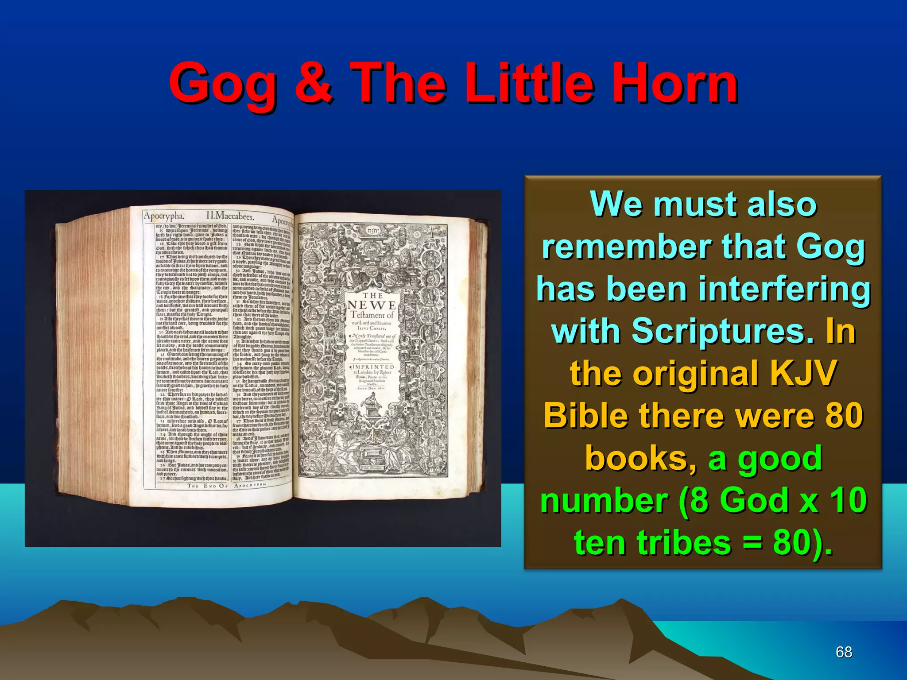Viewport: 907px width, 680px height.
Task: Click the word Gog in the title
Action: click(223, 84)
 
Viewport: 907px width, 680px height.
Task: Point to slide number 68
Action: click(844, 652)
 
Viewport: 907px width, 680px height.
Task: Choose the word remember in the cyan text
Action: click(626, 247)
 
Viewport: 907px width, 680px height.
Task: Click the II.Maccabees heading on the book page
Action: click(230, 216)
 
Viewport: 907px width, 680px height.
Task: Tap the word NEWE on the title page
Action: click(372, 305)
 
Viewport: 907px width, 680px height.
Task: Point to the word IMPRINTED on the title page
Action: click(373, 367)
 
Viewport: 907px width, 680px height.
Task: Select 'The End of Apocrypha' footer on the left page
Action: click(227, 486)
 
